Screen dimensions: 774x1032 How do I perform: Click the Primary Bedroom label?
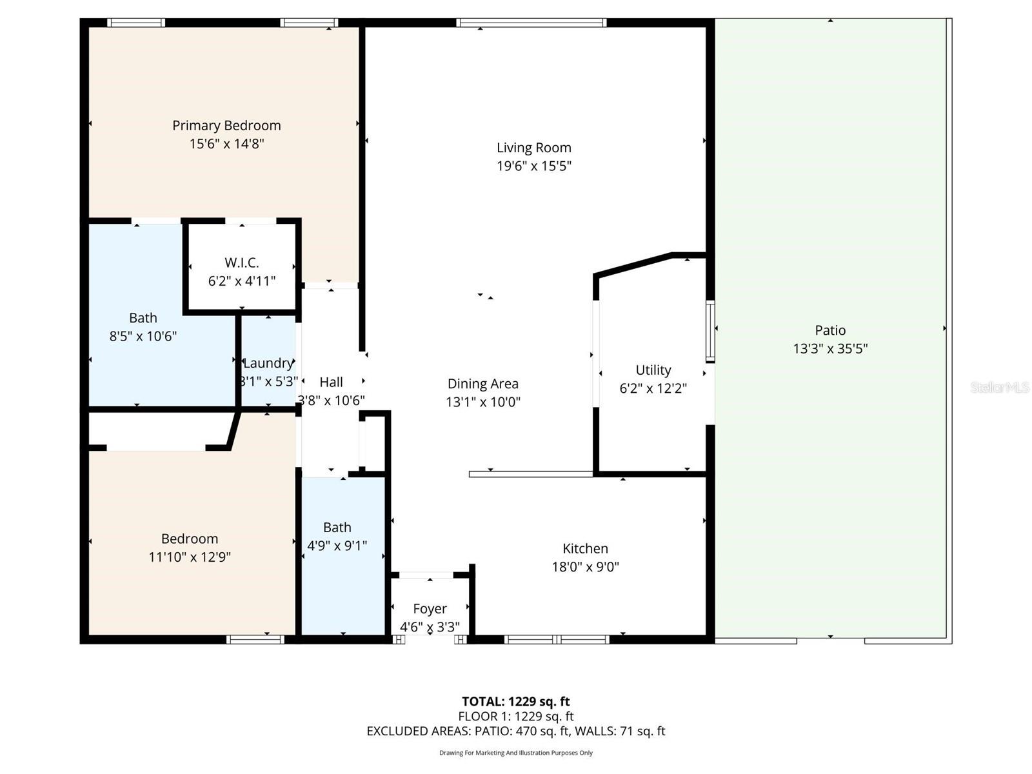[x=226, y=125]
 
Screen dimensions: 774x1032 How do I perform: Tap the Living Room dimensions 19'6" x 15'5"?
[x=534, y=166]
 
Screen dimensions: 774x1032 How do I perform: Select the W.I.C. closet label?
[x=242, y=263]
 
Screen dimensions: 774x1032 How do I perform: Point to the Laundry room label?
[x=268, y=363]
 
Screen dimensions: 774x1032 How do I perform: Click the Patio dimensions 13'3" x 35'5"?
[x=830, y=349]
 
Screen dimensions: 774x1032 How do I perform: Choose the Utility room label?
[x=653, y=370]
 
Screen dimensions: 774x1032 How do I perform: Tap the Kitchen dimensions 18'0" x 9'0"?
[x=585, y=567]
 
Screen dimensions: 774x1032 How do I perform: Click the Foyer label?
[x=430, y=609]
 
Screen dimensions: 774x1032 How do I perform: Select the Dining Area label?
[x=483, y=384]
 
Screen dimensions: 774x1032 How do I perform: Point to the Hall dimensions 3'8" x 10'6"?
[x=331, y=401]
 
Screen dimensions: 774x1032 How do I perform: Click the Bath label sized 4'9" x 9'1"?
[x=337, y=528]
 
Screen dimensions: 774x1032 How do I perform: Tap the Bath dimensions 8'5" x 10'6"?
[x=143, y=336]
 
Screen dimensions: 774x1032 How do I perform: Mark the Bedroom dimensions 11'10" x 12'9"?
[x=190, y=557]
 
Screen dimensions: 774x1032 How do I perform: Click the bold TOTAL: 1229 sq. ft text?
[x=515, y=702]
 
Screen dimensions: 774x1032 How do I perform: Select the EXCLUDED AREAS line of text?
[x=515, y=731]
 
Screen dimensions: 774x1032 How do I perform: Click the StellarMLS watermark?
[x=1000, y=387]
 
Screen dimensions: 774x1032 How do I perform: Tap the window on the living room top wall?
[x=531, y=23]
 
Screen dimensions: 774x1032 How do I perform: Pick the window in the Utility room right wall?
[x=710, y=331]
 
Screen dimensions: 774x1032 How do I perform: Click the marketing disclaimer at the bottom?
[x=515, y=753]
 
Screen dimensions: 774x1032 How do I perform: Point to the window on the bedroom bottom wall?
[x=255, y=640]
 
